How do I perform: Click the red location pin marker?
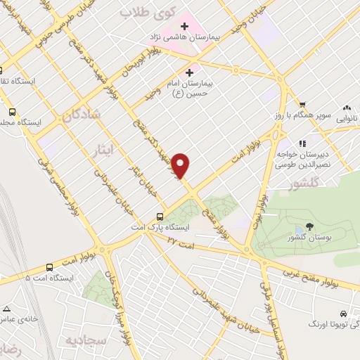tap(181, 165)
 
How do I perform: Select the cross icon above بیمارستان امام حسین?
tap(188, 72)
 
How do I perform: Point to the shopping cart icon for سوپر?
tap(302, 103)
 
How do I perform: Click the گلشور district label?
tap(304, 184)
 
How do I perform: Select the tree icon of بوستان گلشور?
tap(309, 227)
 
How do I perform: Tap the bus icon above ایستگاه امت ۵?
tap(49, 267)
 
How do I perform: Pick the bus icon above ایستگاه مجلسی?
tap(12, 111)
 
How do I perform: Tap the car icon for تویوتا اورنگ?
tap(342, 313)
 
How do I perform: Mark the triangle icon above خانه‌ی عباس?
tap(7, 308)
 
